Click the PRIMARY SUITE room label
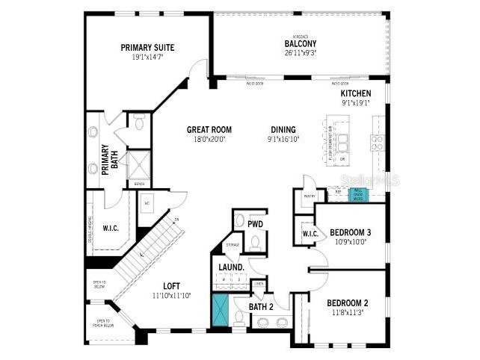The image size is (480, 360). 148,47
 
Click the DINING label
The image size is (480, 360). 283,129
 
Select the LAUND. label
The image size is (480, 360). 231,267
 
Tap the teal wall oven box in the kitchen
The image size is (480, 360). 359,195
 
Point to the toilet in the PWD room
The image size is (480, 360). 253,242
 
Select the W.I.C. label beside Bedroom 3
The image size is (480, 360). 311,234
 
